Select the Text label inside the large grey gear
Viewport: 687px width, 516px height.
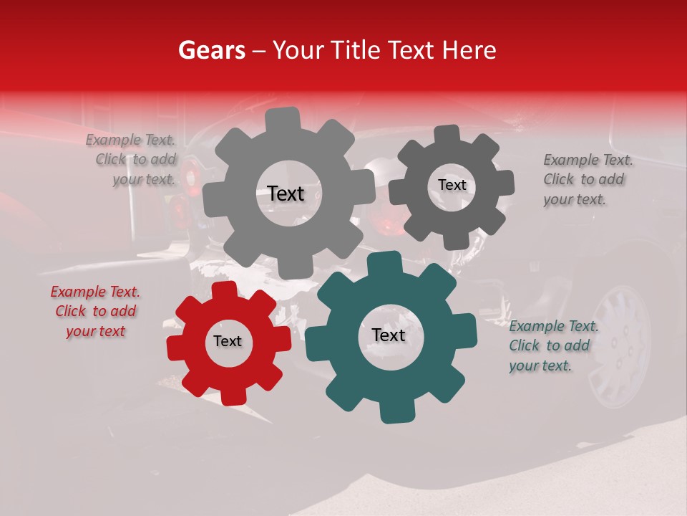coord(286,193)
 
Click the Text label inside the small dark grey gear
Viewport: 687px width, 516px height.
coord(452,185)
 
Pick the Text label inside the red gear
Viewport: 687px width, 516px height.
coord(228,342)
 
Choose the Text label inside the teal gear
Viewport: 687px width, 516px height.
coord(389,335)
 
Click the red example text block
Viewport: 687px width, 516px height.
coord(95,312)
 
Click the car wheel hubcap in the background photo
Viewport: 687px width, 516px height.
coord(620,343)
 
